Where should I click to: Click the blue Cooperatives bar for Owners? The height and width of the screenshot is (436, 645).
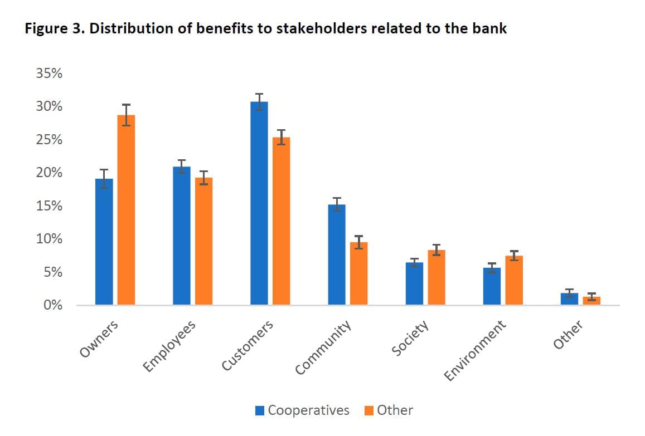click(104, 242)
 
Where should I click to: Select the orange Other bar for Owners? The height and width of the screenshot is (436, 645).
click(126, 210)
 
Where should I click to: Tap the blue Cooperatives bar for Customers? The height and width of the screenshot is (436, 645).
click(259, 203)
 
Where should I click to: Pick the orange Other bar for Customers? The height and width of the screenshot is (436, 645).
click(281, 221)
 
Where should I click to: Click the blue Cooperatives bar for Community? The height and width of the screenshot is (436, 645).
click(337, 254)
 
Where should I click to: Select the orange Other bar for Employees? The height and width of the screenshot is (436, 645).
click(203, 241)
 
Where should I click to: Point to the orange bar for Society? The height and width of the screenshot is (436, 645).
click(436, 277)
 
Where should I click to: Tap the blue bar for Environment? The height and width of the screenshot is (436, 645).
click(492, 286)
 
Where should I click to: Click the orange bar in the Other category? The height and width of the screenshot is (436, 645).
click(591, 301)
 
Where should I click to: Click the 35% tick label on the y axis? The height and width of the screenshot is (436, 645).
click(49, 74)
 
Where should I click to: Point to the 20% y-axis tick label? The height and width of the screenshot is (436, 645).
click(49, 173)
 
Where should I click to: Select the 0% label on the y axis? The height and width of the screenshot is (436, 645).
click(52, 305)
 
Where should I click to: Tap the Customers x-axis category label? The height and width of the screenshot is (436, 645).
click(248, 346)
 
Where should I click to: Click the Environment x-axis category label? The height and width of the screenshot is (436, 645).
click(476, 350)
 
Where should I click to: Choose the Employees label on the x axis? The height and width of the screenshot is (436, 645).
click(169, 346)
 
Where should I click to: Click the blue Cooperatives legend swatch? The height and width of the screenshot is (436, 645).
click(260, 411)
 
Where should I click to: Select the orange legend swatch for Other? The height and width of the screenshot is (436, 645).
click(369, 411)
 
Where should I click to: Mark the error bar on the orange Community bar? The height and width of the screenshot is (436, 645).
click(358, 242)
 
